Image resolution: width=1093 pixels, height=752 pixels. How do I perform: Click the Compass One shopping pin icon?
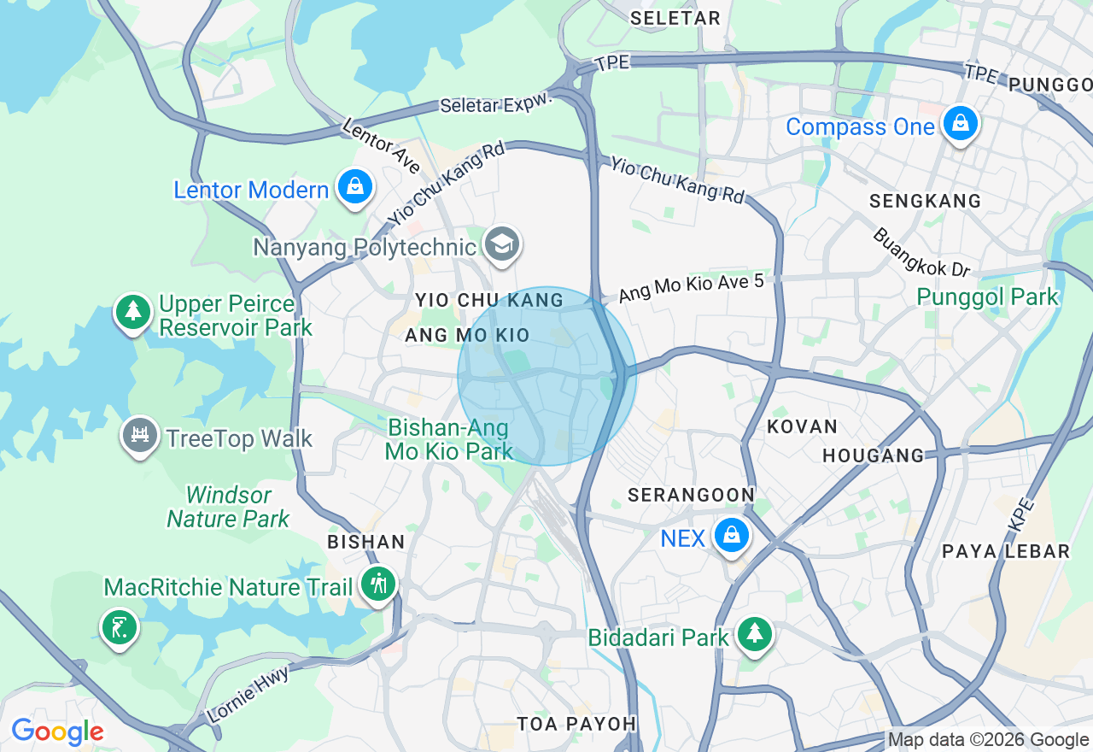(x=961, y=125)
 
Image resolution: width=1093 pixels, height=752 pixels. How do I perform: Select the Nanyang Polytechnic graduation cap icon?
(x=501, y=245)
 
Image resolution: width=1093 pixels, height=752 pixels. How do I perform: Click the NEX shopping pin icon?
(x=731, y=537)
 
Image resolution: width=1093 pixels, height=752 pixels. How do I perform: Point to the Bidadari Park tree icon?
(x=754, y=635)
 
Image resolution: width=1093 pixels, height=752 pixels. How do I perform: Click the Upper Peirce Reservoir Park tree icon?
(x=132, y=313)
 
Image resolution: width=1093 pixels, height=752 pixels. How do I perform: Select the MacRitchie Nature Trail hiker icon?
(x=378, y=585)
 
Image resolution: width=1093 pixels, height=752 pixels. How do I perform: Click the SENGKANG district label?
(x=925, y=202)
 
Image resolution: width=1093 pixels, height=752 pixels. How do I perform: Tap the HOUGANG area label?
(x=874, y=456)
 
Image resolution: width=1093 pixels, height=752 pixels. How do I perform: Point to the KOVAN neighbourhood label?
(x=802, y=426)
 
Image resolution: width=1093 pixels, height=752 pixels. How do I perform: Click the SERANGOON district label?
(x=691, y=496)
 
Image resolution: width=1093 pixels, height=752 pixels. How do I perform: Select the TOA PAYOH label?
(x=576, y=724)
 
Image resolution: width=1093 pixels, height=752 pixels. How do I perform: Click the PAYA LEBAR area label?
(x=1006, y=551)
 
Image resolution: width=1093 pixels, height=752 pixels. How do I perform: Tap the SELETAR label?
(x=675, y=18)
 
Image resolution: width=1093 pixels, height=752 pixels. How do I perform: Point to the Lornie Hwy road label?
(x=248, y=693)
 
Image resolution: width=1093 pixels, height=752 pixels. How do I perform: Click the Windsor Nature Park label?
(x=228, y=507)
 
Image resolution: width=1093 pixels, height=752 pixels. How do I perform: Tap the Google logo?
(x=57, y=732)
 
